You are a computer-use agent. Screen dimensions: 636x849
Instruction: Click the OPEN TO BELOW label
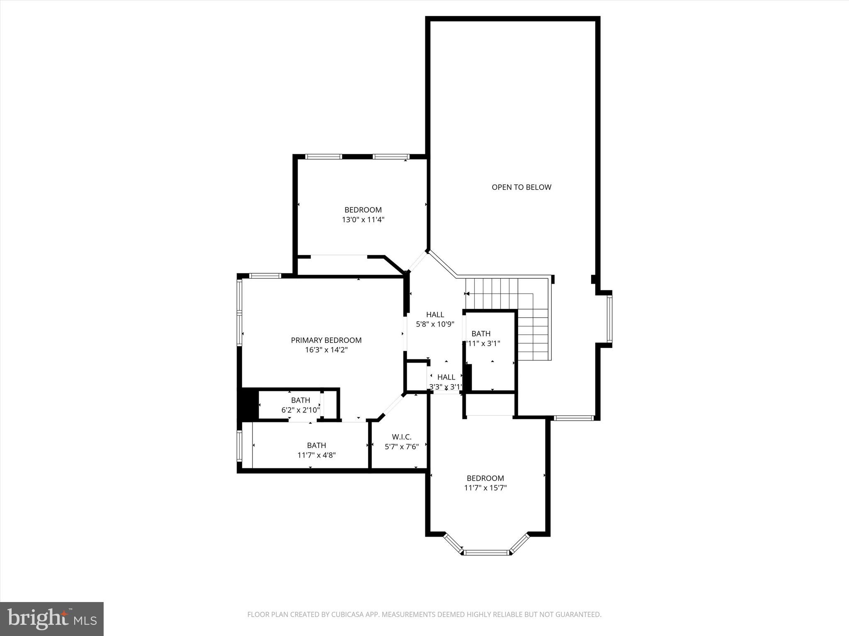[x=521, y=187]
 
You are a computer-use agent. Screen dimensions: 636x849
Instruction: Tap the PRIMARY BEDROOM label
[x=326, y=340]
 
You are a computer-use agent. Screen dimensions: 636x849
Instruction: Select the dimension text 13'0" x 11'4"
[x=363, y=220]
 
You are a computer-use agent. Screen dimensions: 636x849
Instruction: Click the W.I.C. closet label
[x=401, y=437]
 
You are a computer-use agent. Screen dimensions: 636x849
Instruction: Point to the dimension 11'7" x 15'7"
[x=485, y=488]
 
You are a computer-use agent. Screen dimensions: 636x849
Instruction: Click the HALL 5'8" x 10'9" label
[x=435, y=315]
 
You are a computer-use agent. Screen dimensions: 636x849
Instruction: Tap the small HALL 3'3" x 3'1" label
[x=446, y=377]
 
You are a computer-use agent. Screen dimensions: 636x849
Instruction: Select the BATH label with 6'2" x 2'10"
[x=300, y=400]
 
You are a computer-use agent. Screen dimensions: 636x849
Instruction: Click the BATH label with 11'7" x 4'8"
[x=316, y=446]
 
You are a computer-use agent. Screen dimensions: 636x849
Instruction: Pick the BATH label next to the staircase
[x=481, y=334]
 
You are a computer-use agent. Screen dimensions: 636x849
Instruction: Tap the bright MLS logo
[x=52, y=619]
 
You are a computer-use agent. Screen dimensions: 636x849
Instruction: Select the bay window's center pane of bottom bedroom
[x=486, y=552]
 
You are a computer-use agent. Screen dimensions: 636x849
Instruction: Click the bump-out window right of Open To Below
[x=609, y=319]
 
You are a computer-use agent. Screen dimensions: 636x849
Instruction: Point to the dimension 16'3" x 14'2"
[x=326, y=350]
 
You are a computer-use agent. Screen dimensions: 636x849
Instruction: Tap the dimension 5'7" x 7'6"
[x=401, y=447]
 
